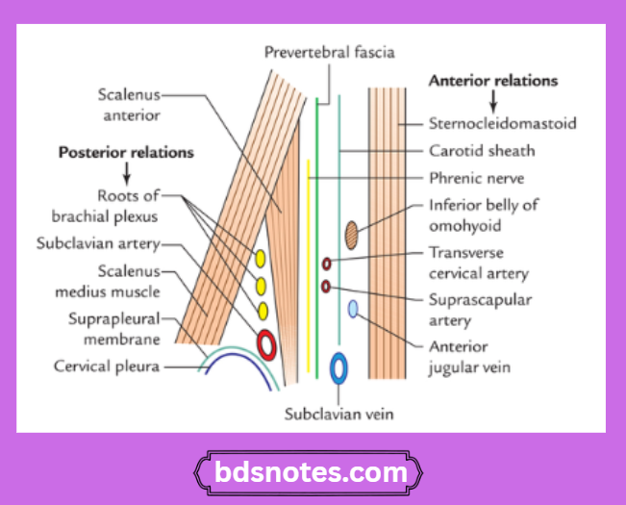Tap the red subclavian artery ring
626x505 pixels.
click(x=265, y=343)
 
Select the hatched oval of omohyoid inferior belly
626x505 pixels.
click(x=352, y=233)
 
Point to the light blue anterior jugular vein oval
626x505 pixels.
click(x=353, y=309)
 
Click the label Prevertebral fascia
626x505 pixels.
click(x=329, y=51)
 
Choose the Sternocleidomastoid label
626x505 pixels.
click(x=501, y=123)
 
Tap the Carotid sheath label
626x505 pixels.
click(x=481, y=151)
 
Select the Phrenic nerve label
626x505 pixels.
click(x=477, y=178)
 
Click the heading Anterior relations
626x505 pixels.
click(x=491, y=81)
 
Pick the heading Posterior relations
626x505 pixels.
click(x=126, y=152)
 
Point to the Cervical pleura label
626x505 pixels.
click(x=107, y=366)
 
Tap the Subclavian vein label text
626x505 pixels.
click(x=339, y=415)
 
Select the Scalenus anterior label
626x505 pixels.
click(x=128, y=105)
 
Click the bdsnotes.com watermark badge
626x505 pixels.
click(x=313, y=472)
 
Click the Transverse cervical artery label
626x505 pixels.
click(x=479, y=263)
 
